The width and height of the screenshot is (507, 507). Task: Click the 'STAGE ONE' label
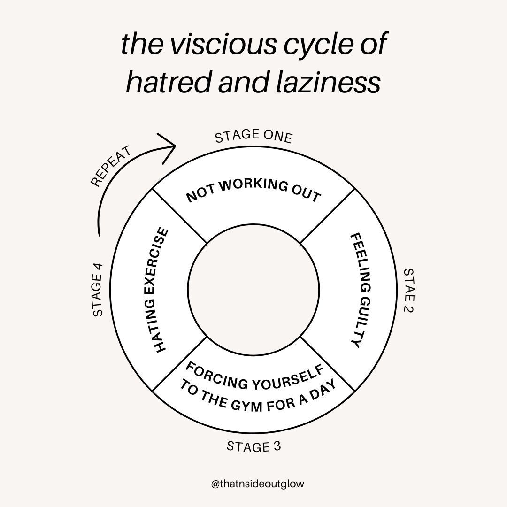[x=253, y=136]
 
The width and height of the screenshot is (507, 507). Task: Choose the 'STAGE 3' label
[x=253, y=446]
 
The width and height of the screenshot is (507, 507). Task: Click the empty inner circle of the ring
[x=253, y=290]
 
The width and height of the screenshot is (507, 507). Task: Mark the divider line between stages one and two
[x=327, y=216]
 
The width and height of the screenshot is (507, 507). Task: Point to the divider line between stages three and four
[x=180, y=363]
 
